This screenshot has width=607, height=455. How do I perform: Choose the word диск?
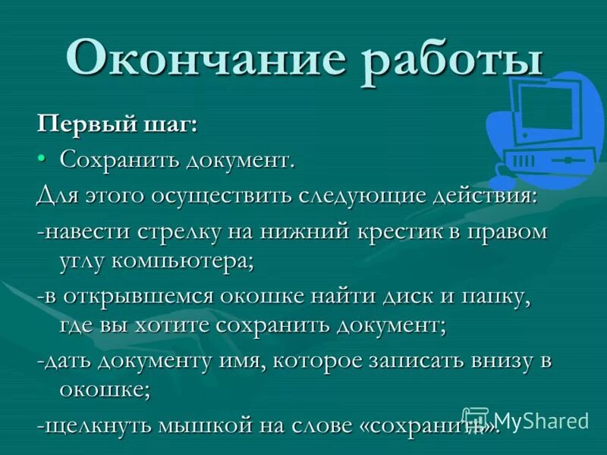coord(407,297)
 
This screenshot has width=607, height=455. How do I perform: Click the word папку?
coord(492,297)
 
